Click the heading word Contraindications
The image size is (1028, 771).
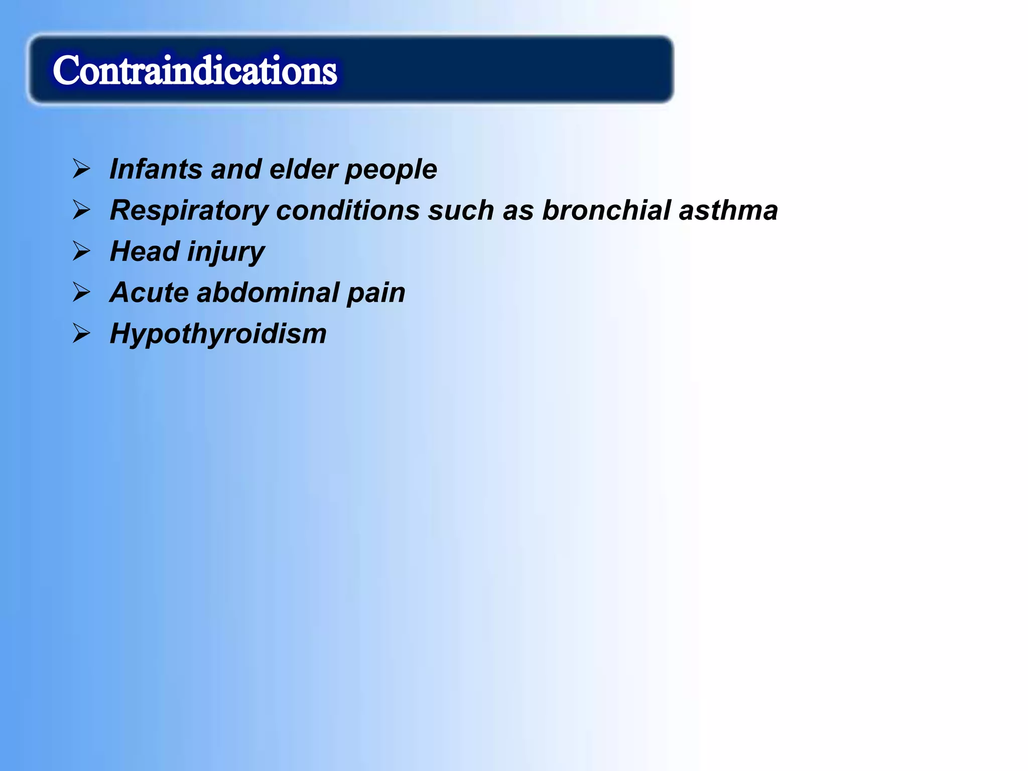coord(195,70)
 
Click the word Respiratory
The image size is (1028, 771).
coord(189,211)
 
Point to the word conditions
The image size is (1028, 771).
coord(347,210)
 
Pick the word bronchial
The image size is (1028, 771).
coord(606,210)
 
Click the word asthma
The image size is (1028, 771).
coord(728,210)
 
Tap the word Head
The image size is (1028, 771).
coord(144,251)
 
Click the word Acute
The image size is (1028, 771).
coord(149,293)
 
